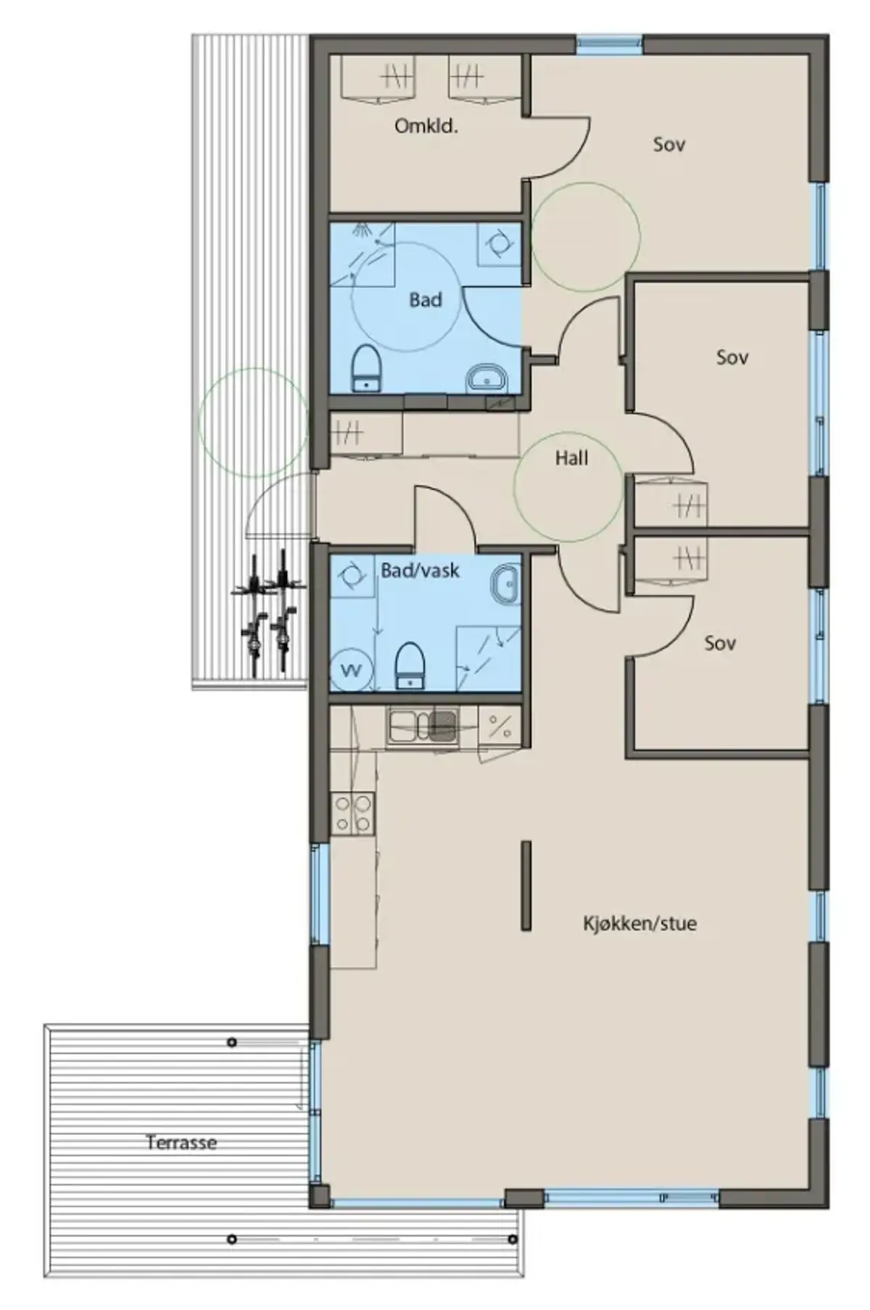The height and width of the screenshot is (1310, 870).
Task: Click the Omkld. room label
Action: coord(426,126)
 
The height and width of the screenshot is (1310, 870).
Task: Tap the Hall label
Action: coord(571,458)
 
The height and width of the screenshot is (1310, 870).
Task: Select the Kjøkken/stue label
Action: coord(639,924)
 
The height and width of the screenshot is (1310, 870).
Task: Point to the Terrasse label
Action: coord(181,1143)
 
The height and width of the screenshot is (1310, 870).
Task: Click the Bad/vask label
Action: coord(420,571)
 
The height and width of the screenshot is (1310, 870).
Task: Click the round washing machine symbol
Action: coord(352,670)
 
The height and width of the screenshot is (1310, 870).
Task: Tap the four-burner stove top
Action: coord(352,813)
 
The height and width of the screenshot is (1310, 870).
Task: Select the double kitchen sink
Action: coord(422,726)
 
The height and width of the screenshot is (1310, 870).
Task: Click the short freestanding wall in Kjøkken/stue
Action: coord(526,885)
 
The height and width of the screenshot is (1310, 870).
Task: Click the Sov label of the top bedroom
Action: coord(669,144)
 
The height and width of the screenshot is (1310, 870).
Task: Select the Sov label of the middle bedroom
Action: coord(732,357)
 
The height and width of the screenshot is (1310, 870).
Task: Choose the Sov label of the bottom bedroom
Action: coord(720,643)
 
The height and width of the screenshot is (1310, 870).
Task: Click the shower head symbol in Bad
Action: coord(361,230)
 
